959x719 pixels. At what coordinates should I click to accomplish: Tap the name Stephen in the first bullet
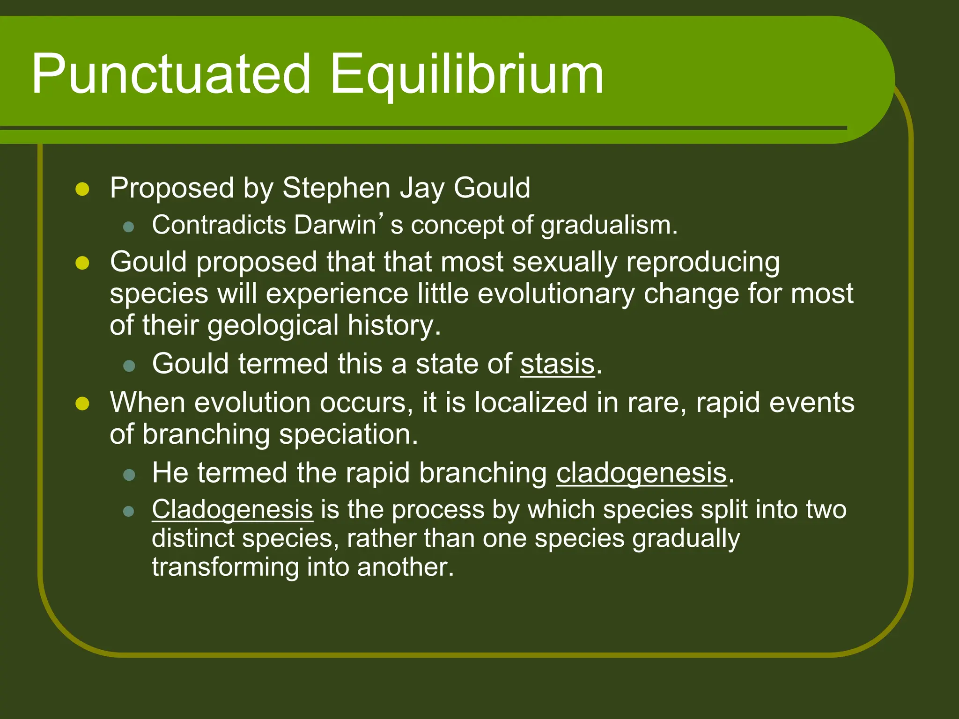(336, 188)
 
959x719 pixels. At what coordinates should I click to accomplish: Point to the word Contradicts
(219, 225)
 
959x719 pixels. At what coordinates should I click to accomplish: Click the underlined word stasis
(557, 364)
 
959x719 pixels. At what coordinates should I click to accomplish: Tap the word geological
(273, 325)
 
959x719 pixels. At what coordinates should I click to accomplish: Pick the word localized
(531, 403)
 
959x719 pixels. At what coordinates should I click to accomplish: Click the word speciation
(348, 434)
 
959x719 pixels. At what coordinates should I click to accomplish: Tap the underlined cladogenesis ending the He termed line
(642, 473)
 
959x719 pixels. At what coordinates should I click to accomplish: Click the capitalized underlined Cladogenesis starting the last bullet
(232, 509)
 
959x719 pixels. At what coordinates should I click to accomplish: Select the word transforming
(225, 567)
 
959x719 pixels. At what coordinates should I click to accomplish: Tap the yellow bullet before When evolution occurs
(82, 404)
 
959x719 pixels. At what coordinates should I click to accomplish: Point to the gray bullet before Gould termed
(129, 366)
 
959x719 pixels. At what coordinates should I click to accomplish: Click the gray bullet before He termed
(129, 475)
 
